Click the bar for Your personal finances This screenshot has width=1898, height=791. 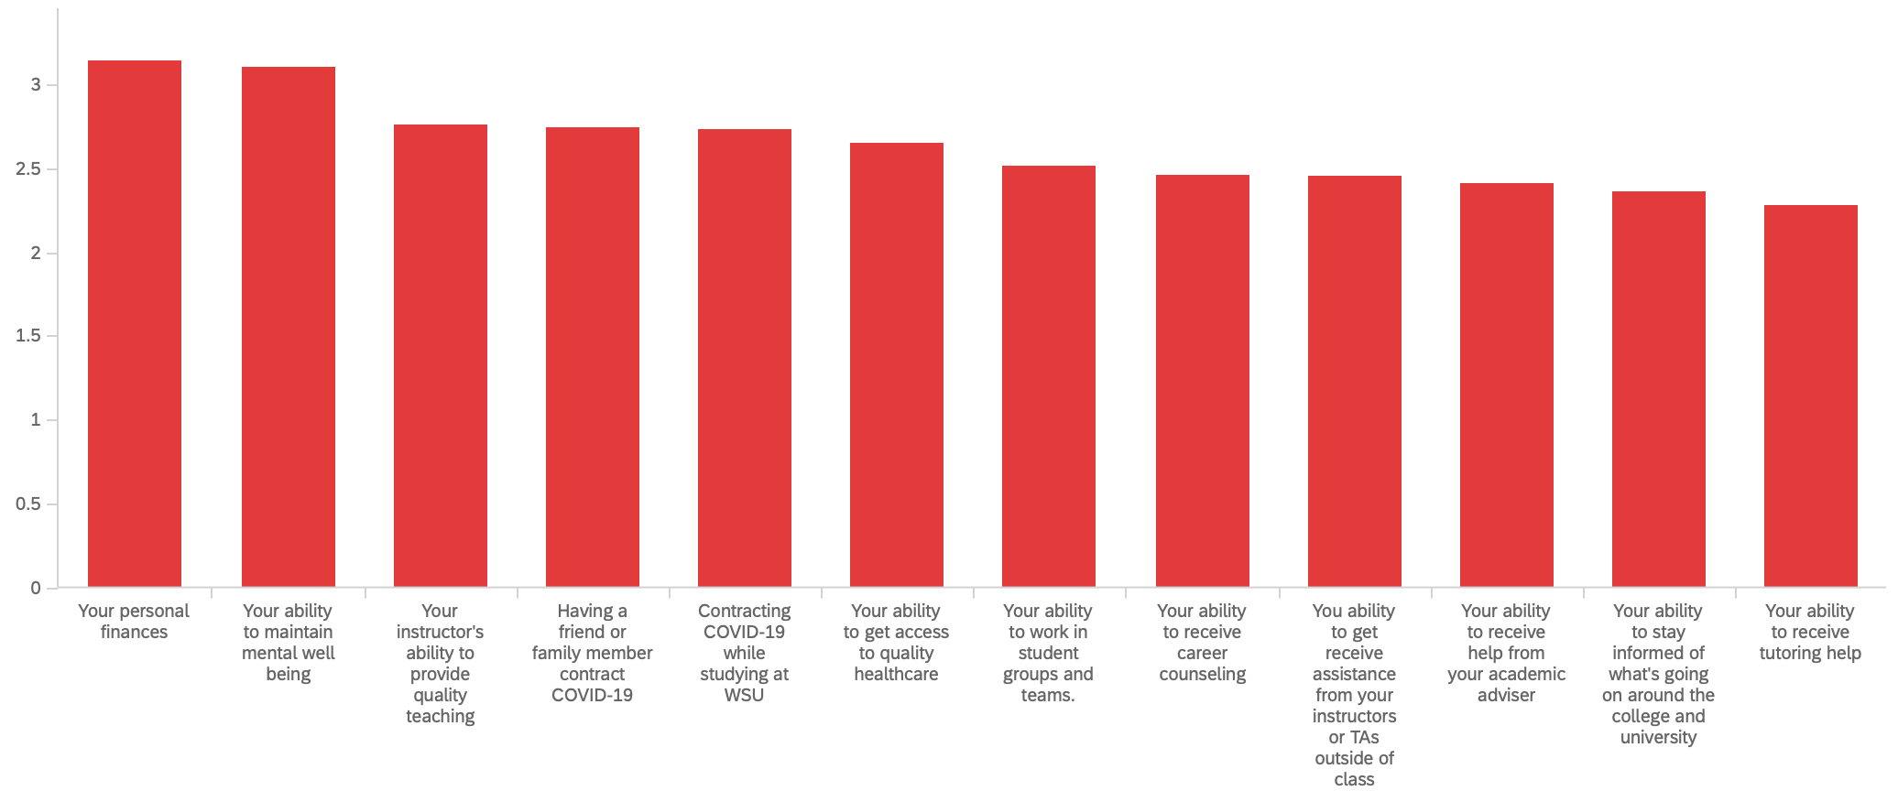coord(135,324)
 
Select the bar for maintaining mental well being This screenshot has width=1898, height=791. coord(289,327)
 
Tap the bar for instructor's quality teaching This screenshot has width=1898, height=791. coord(441,356)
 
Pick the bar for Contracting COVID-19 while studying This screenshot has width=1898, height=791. coord(745,358)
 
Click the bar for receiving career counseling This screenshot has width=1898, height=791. coord(1203,381)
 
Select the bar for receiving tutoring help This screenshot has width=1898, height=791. coord(1811,395)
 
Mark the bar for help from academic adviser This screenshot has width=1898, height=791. coord(1507,385)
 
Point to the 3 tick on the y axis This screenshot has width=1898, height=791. coord(36,85)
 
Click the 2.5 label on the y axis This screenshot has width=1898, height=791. coord(29,169)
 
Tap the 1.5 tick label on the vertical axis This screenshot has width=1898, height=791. coord(29,336)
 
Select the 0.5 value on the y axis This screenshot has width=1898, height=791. coord(29,504)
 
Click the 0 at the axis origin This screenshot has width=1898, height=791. coord(36,588)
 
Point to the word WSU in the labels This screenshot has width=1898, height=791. coord(744,695)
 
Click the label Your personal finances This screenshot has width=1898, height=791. coord(134,622)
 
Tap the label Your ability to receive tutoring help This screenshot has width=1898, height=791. coord(1810,632)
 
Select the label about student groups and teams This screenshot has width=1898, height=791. coord(1048,653)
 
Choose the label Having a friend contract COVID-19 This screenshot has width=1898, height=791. coord(592,653)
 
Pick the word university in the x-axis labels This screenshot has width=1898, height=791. coord(1658,737)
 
